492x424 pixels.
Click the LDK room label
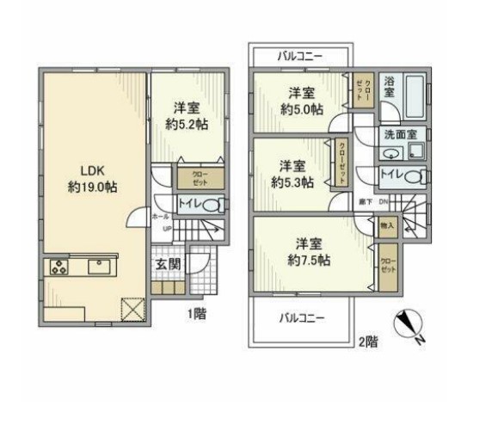(x=83, y=169)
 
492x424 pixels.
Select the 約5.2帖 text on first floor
(x=188, y=124)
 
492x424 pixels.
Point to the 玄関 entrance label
(x=168, y=264)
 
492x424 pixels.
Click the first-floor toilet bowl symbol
(x=216, y=205)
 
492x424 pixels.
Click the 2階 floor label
(x=367, y=341)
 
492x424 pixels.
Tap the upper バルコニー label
(x=300, y=56)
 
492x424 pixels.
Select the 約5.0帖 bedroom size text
(x=300, y=109)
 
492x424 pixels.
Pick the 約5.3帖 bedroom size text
(x=292, y=181)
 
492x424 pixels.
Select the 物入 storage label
(x=387, y=224)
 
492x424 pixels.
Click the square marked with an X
(x=132, y=307)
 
